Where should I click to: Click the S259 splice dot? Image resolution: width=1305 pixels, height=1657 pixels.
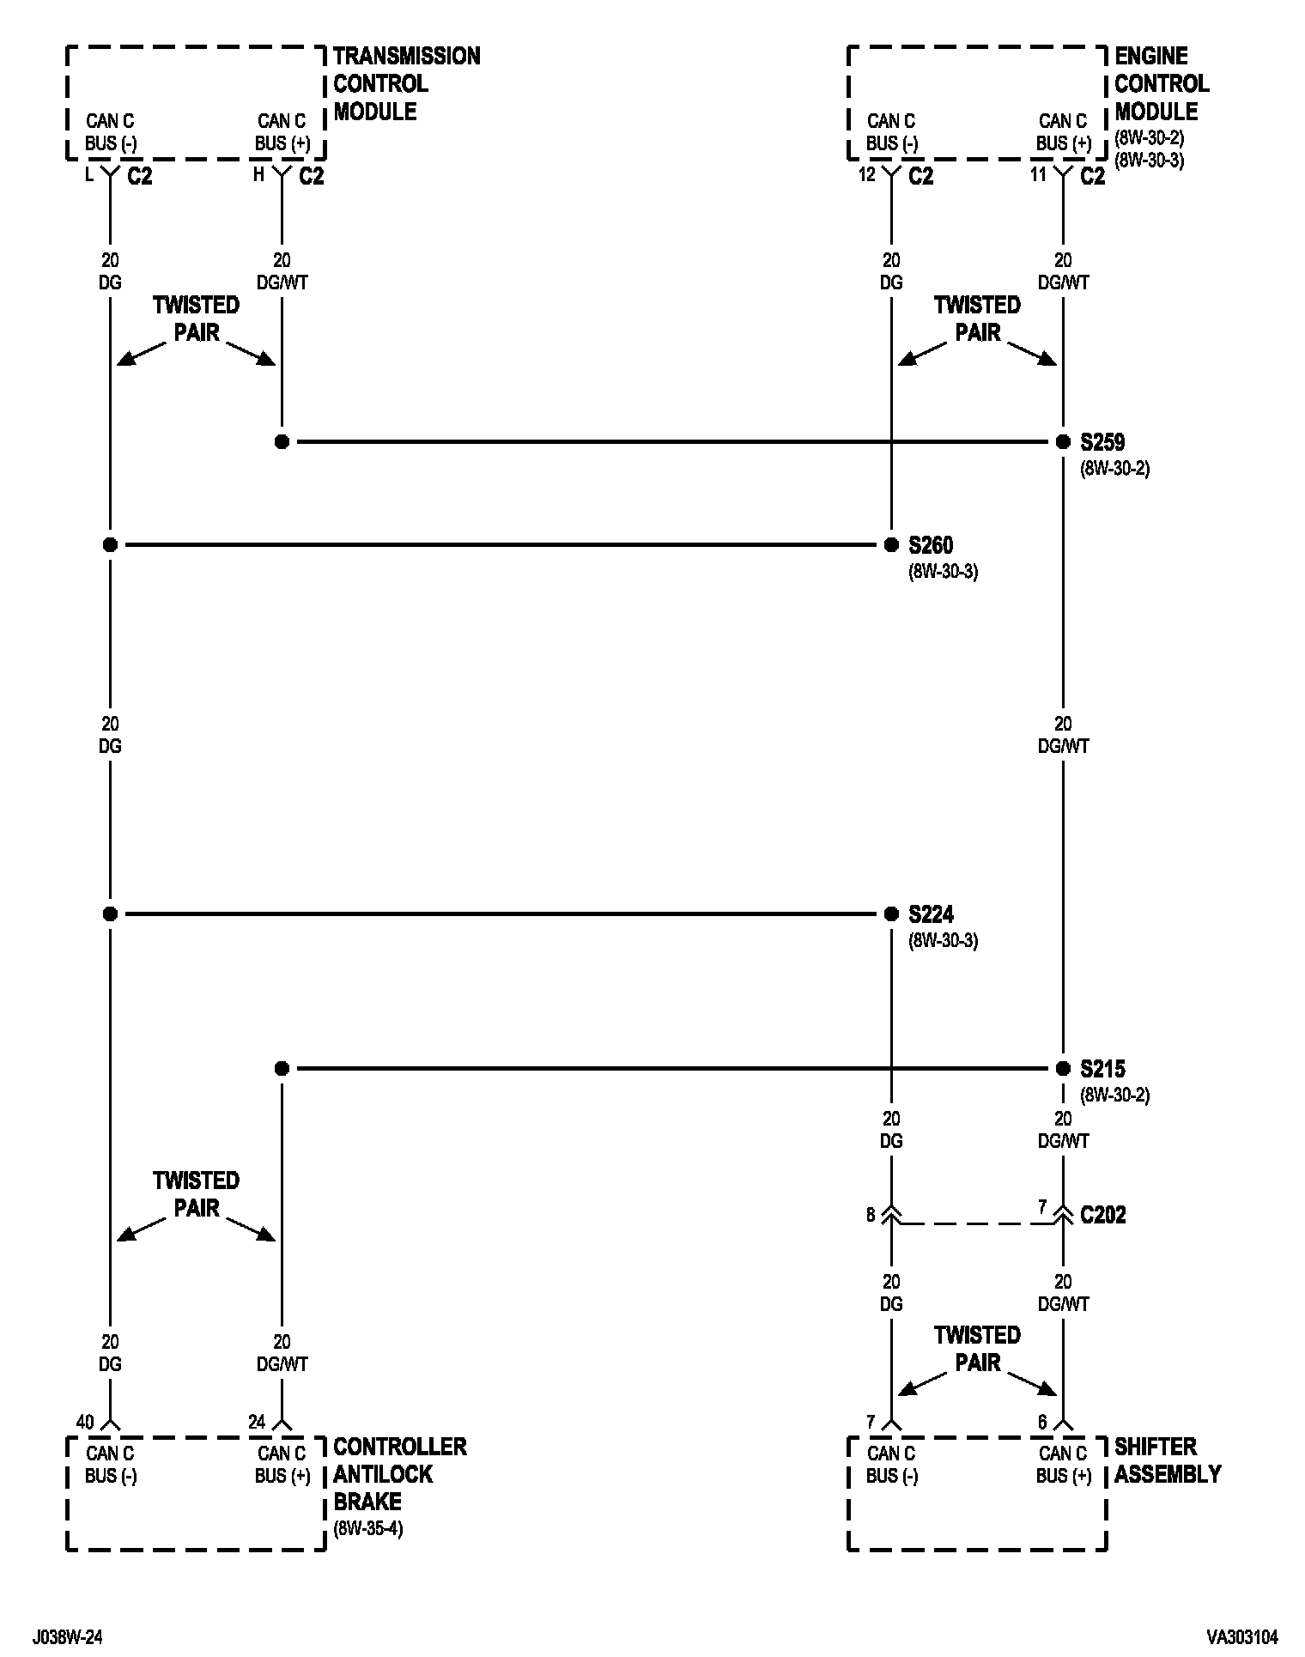coord(1063,442)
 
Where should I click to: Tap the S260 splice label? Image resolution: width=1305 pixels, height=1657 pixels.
coord(931,545)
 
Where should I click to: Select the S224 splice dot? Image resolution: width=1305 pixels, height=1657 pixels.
coord(891,914)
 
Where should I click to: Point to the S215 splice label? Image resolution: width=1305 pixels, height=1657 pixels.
coord(1102,1069)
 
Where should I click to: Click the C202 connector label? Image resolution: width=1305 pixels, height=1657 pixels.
coord(1102,1215)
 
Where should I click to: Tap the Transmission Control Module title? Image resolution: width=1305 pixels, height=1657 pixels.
coord(405,84)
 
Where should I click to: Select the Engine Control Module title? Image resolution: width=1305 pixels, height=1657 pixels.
coord(1161,84)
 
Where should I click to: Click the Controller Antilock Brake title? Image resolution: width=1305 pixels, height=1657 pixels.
coord(399,1474)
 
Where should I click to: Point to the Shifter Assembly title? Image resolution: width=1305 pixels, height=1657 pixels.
coord(1167,1460)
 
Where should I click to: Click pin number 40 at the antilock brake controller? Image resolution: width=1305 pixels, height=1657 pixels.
coord(84,1423)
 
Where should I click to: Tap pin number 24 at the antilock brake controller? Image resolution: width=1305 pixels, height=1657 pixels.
coord(257,1423)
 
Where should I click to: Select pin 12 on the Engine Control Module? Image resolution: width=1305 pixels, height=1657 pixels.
coord(866,175)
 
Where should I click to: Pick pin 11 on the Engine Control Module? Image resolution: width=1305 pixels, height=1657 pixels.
coord(1038,175)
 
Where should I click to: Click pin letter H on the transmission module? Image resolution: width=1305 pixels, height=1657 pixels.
coord(258,175)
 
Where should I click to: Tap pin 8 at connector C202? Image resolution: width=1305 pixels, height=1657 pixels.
coord(871,1215)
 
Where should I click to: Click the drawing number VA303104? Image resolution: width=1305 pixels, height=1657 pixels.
coord(1241,1637)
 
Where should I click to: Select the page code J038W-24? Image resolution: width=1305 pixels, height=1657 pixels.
coord(69,1637)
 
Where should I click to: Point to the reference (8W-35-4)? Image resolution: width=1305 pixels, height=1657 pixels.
coord(367,1529)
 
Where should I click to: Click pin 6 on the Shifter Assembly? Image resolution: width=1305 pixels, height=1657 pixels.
coord(1042,1423)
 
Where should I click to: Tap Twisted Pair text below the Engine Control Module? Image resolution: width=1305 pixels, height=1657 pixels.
coord(977,319)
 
